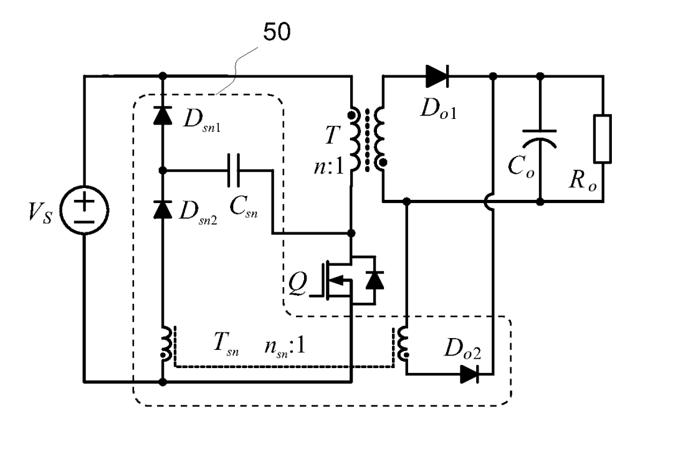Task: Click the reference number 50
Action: tap(277, 32)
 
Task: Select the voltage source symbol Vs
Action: tap(85, 210)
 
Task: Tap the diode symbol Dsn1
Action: tap(163, 115)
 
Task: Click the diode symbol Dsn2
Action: tap(163, 209)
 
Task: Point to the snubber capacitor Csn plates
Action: tap(234, 170)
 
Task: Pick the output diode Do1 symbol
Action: tap(437, 77)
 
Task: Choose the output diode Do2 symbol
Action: tap(469, 374)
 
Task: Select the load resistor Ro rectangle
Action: tap(603, 138)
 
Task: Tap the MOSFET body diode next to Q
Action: tap(375, 280)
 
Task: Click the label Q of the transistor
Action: tap(298, 283)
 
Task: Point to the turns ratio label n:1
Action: tap(329, 166)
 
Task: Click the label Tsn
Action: tap(226, 344)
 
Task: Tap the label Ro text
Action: tap(583, 180)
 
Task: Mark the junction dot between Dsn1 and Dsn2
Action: tap(163, 170)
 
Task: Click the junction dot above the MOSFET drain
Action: tap(351, 234)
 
